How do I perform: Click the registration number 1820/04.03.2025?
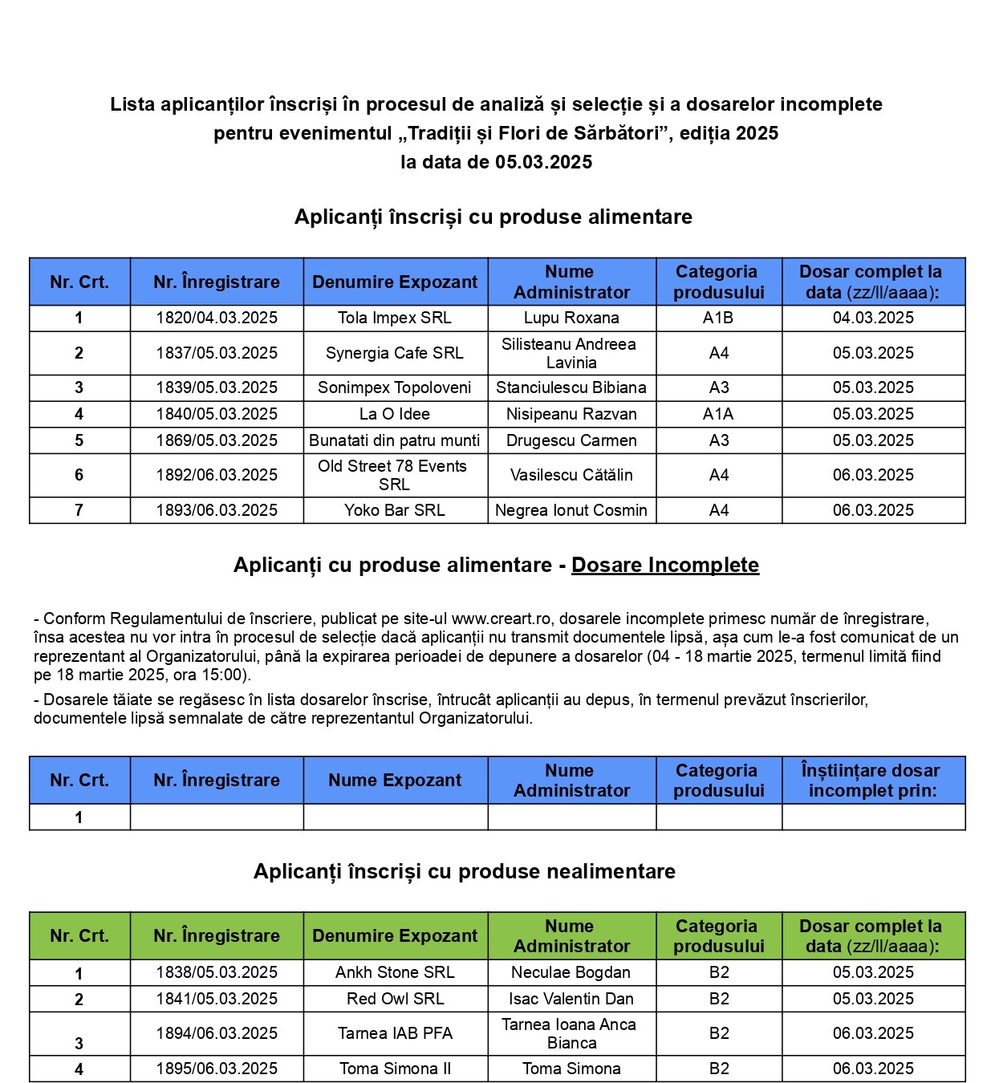217,318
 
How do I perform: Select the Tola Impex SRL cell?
395,318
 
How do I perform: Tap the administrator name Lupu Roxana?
571,318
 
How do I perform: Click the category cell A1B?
718,318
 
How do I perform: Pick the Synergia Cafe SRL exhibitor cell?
395,353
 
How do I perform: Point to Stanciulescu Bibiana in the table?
571,387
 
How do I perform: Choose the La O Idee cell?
395,414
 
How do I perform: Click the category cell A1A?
718,414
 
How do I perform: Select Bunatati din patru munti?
395,440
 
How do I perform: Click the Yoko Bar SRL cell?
395,510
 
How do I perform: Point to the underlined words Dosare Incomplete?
665,565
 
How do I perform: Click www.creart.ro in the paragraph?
501,619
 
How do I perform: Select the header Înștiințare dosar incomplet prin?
872,780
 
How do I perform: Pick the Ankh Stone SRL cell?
395,972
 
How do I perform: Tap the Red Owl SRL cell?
395,999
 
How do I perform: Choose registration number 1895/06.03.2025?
217,1069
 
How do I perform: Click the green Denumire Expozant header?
395,935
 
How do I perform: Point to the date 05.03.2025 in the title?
543,162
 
